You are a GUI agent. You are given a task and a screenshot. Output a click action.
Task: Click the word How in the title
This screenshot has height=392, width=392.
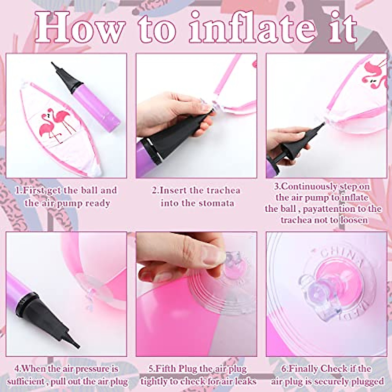pyautogui.click(x=80, y=28)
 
